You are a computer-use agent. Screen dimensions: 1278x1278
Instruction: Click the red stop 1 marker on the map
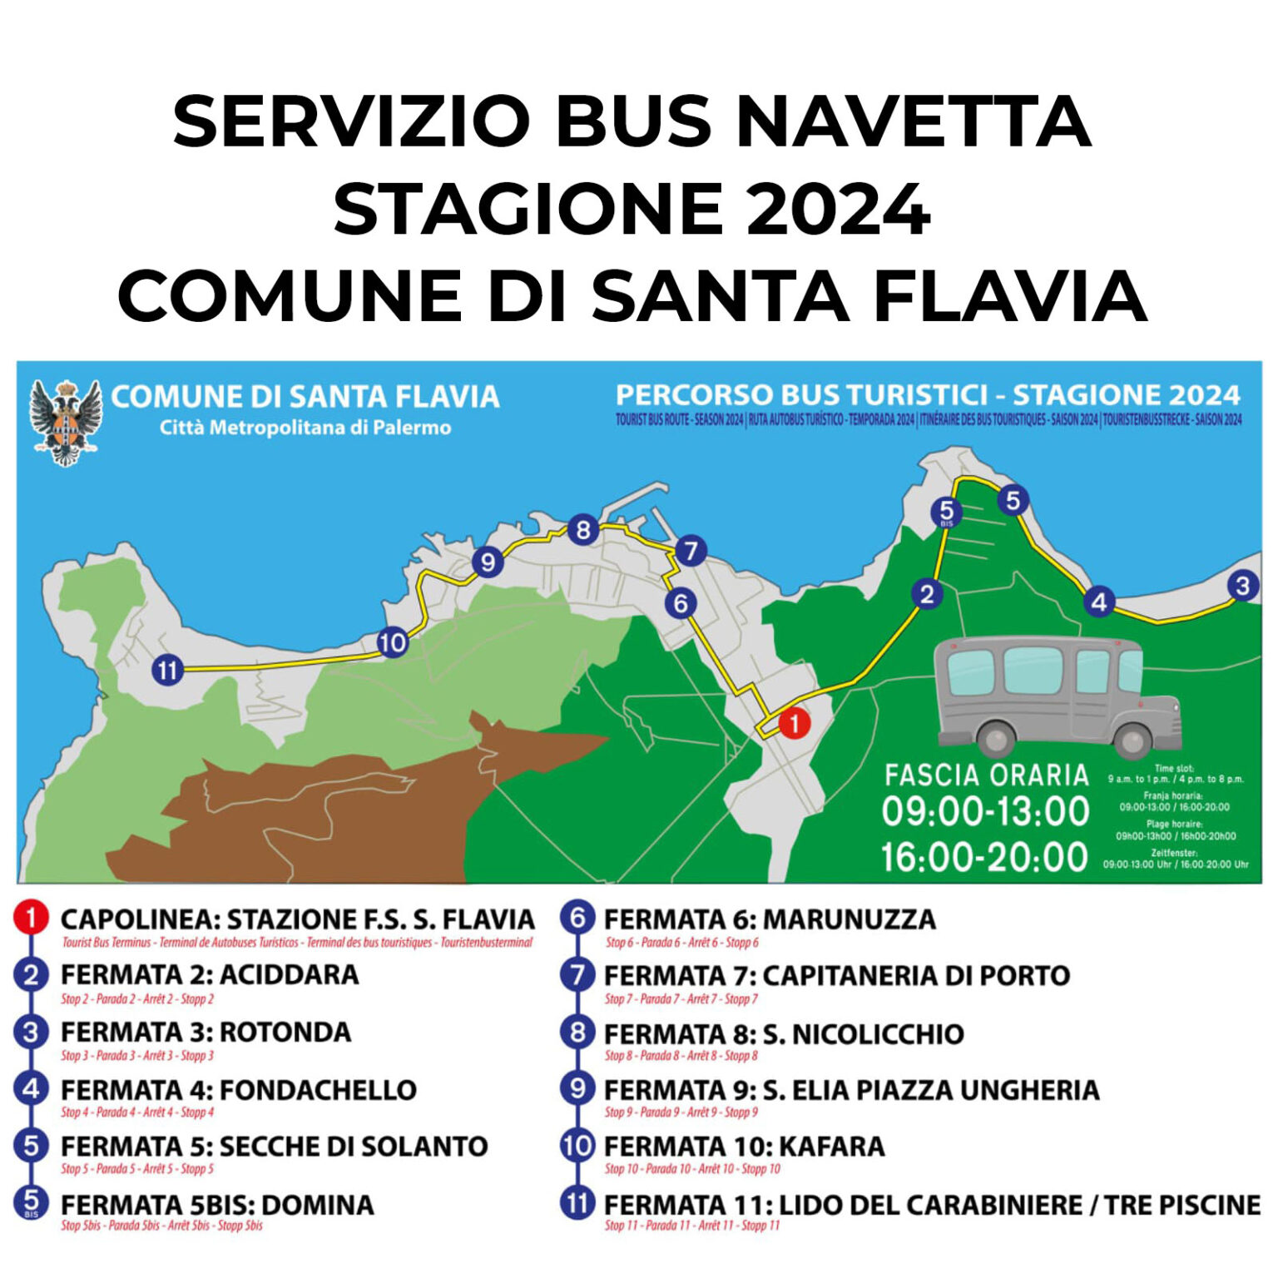tap(794, 722)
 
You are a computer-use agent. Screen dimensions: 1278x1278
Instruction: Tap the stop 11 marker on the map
tap(167, 669)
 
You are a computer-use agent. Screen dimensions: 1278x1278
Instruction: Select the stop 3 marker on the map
tap(1242, 586)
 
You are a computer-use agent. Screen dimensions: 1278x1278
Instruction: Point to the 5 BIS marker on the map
tap(946, 512)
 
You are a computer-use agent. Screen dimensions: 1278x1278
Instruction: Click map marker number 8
tap(582, 530)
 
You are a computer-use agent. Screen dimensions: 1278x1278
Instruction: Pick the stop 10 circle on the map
tap(392, 642)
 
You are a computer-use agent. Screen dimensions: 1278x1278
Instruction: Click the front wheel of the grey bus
tap(1131, 741)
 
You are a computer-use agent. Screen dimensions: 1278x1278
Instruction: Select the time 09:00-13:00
tap(985, 811)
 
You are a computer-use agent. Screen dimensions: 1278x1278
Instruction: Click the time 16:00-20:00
tap(985, 857)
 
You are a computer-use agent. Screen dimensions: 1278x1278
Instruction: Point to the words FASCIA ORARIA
tap(986, 775)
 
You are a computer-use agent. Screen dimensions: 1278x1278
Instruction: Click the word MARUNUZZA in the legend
tap(849, 919)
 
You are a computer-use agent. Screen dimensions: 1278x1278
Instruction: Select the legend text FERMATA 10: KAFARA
tap(744, 1147)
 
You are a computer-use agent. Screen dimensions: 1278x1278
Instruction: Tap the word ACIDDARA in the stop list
tap(289, 975)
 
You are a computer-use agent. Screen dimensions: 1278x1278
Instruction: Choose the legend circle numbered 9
tap(577, 1088)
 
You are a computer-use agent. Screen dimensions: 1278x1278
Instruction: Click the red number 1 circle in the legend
tap(31, 919)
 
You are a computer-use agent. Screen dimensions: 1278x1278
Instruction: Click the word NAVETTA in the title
tap(914, 121)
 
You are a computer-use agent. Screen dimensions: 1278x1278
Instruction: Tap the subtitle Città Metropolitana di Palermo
tap(305, 428)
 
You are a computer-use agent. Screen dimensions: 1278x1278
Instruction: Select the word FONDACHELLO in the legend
tap(318, 1090)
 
